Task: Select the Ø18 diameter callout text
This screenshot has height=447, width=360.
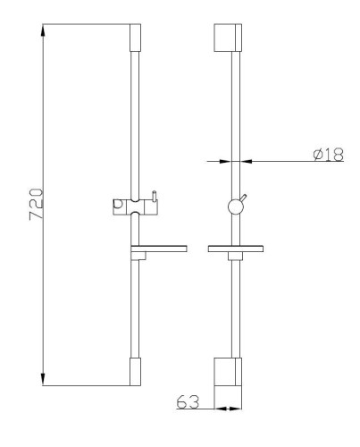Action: click(329, 154)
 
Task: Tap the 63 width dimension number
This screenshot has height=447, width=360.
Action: click(188, 402)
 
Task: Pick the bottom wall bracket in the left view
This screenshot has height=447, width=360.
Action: click(135, 373)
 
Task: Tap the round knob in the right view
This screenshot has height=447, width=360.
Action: click(235, 207)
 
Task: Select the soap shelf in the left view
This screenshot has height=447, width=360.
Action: click(157, 248)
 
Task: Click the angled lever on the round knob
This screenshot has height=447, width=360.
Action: click(244, 198)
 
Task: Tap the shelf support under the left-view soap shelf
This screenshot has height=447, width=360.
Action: click(137, 257)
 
